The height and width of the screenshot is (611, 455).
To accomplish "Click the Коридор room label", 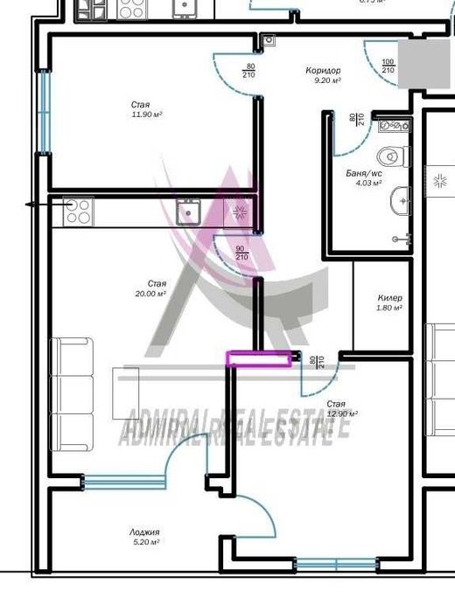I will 323,71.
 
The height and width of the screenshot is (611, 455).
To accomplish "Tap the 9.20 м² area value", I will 326,80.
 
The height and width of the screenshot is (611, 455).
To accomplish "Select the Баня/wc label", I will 363,173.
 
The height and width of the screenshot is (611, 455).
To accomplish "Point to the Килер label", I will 389,298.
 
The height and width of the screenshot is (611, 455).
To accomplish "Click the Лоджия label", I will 144,531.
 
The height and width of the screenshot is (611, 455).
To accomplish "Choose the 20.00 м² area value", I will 157,295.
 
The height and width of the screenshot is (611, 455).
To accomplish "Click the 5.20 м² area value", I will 144,542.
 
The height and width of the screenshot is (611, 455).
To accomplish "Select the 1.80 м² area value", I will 388,308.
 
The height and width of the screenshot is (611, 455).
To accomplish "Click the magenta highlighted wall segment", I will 260,358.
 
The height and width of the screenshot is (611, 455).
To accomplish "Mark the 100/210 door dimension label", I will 388,65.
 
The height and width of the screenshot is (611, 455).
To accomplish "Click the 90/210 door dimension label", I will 241,253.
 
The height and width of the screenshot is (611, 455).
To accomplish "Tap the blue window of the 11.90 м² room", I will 41,111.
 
